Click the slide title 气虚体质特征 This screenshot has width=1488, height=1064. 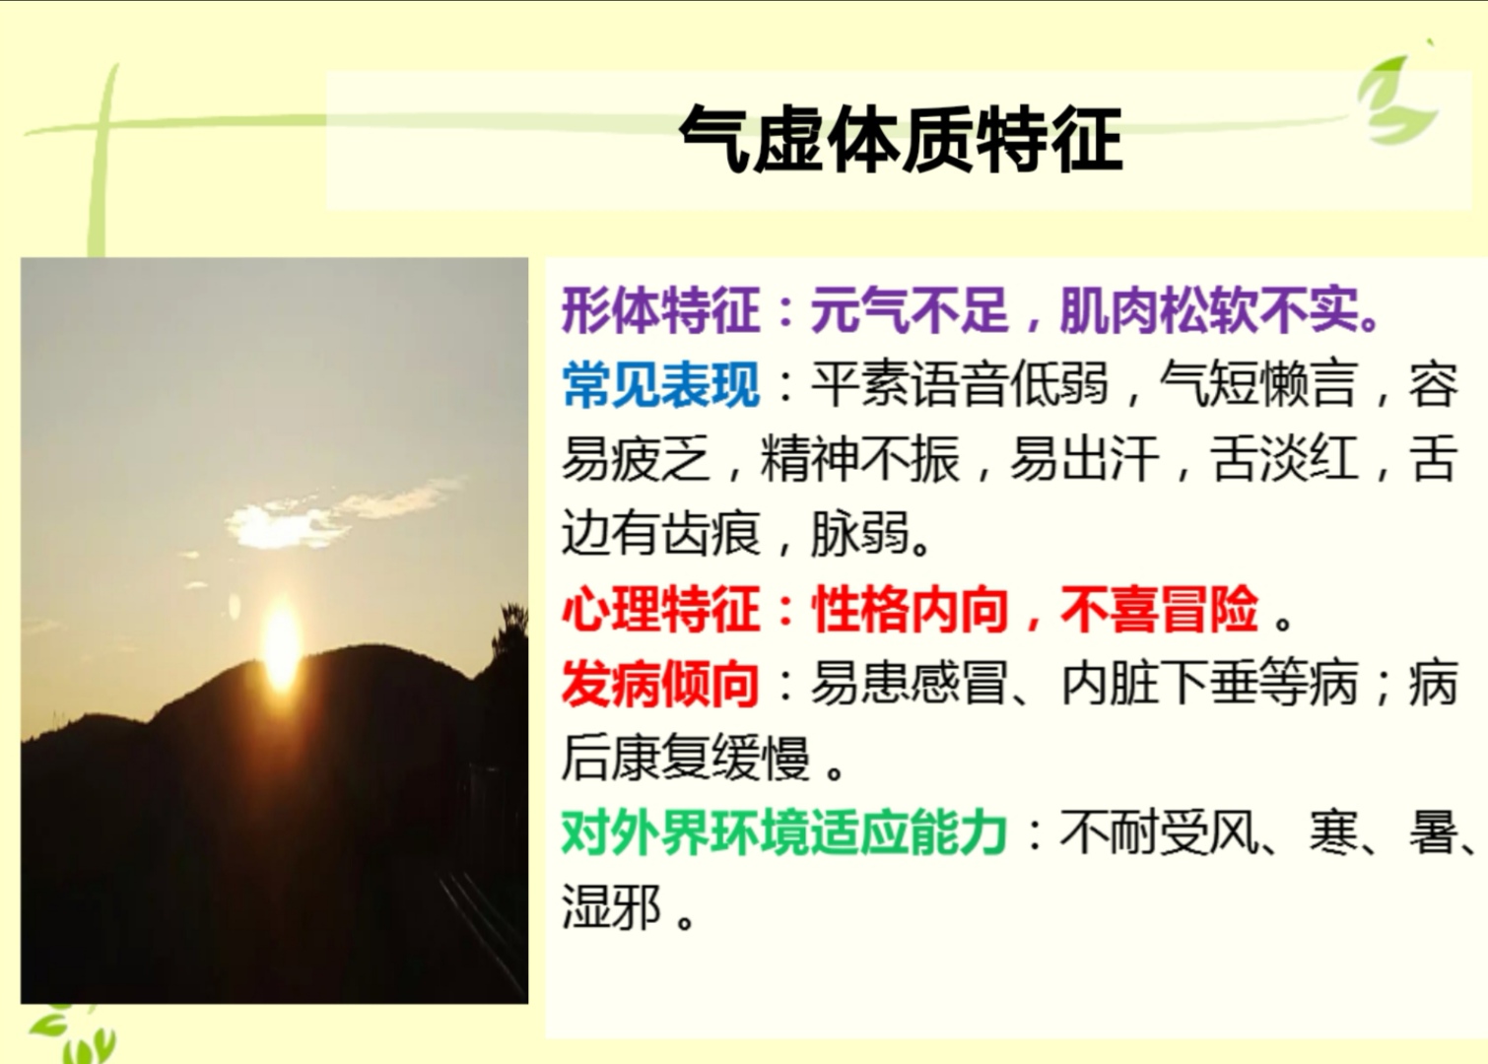pyautogui.click(x=901, y=139)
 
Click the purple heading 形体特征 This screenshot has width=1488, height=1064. pyautogui.click(x=660, y=311)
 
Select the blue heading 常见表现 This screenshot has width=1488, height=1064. pyautogui.click(x=660, y=385)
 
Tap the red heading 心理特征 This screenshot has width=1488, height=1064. pyautogui.click(x=660, y=609)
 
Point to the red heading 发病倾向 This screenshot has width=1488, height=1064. pyautogui.click(x=660, y=684)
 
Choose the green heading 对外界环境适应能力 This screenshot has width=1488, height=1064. pyautogui.click(x=784, y=833)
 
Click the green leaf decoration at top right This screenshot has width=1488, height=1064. pyautogui.click(x=1399, y=99)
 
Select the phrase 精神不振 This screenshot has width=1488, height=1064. pyautogui.click(x=859, y=460)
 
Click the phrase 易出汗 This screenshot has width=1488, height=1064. pyautogui.click(x=1084, y=460)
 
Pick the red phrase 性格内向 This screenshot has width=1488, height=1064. pyautogui.click(x=910, y=609)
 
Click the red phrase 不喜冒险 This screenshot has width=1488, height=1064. pyautogui.click(x=1159, y=609)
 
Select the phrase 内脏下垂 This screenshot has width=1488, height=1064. pyautogui.click(x=1159, y=684)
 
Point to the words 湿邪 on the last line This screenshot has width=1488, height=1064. pyautogui.click(x=611, y=907)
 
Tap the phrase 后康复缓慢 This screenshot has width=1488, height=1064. pyautogui.click(x=685, y=759)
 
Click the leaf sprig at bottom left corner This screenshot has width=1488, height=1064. pyautogui.click(x=69, y=1034)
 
